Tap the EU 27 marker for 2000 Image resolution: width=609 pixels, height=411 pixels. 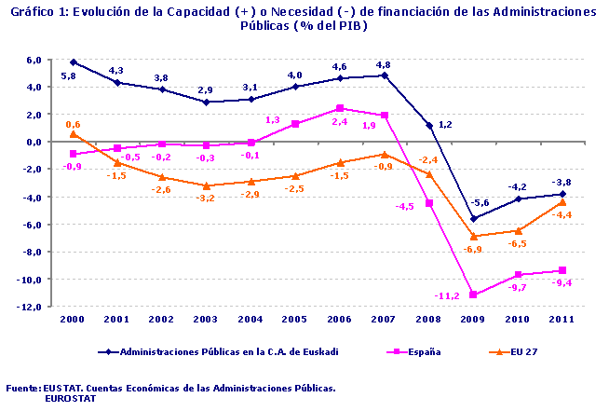tap(73, 133)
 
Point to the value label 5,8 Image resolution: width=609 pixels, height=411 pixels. tap(68, 75)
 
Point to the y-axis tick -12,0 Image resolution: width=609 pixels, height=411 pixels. tap(28, 307)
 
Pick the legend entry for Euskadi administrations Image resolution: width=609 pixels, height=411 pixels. tap(218, 351)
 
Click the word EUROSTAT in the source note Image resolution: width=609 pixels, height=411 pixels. tap(71, 397)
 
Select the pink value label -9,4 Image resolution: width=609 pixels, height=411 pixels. tap(564, 282)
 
